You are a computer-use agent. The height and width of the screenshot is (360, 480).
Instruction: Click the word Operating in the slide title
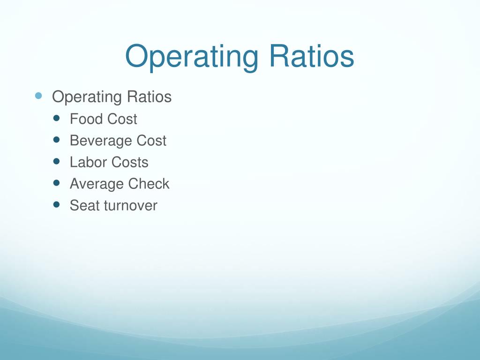191,57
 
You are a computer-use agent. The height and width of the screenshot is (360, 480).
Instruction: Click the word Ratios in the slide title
311,56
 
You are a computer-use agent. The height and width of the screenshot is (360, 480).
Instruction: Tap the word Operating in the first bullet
87,97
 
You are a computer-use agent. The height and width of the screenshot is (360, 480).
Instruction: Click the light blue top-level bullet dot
38,96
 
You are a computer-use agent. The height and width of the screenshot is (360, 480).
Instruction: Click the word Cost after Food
122,119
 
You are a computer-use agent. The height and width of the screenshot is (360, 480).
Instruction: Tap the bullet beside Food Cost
57,118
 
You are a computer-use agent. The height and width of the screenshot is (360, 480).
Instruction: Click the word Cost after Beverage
151,141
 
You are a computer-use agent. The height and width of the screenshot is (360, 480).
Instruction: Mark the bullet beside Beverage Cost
57,140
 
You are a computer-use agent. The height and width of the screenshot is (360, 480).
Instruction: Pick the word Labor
88,162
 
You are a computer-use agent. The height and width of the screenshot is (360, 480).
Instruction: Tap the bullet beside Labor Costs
57,161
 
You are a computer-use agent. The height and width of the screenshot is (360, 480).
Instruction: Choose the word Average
97,184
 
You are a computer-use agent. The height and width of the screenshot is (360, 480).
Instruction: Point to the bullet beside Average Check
57,183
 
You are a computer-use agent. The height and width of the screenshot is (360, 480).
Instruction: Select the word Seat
84,205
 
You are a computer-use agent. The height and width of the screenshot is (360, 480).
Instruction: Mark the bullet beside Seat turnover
57,204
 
